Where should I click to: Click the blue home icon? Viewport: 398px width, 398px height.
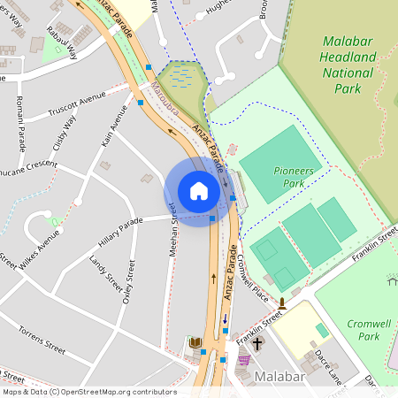[199, 190]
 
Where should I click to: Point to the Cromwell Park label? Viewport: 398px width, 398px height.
[363, 330]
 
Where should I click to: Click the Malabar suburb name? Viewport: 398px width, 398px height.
[279, 377]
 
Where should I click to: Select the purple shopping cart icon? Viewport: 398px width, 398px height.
[244, 359]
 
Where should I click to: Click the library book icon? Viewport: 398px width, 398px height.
[195, 342]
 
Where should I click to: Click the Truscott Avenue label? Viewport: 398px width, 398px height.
[76, 105]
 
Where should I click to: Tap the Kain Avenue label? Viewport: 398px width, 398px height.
[111, 128]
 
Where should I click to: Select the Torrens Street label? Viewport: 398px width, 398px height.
[42, 340]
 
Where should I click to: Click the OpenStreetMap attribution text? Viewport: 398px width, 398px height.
[88, 392]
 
